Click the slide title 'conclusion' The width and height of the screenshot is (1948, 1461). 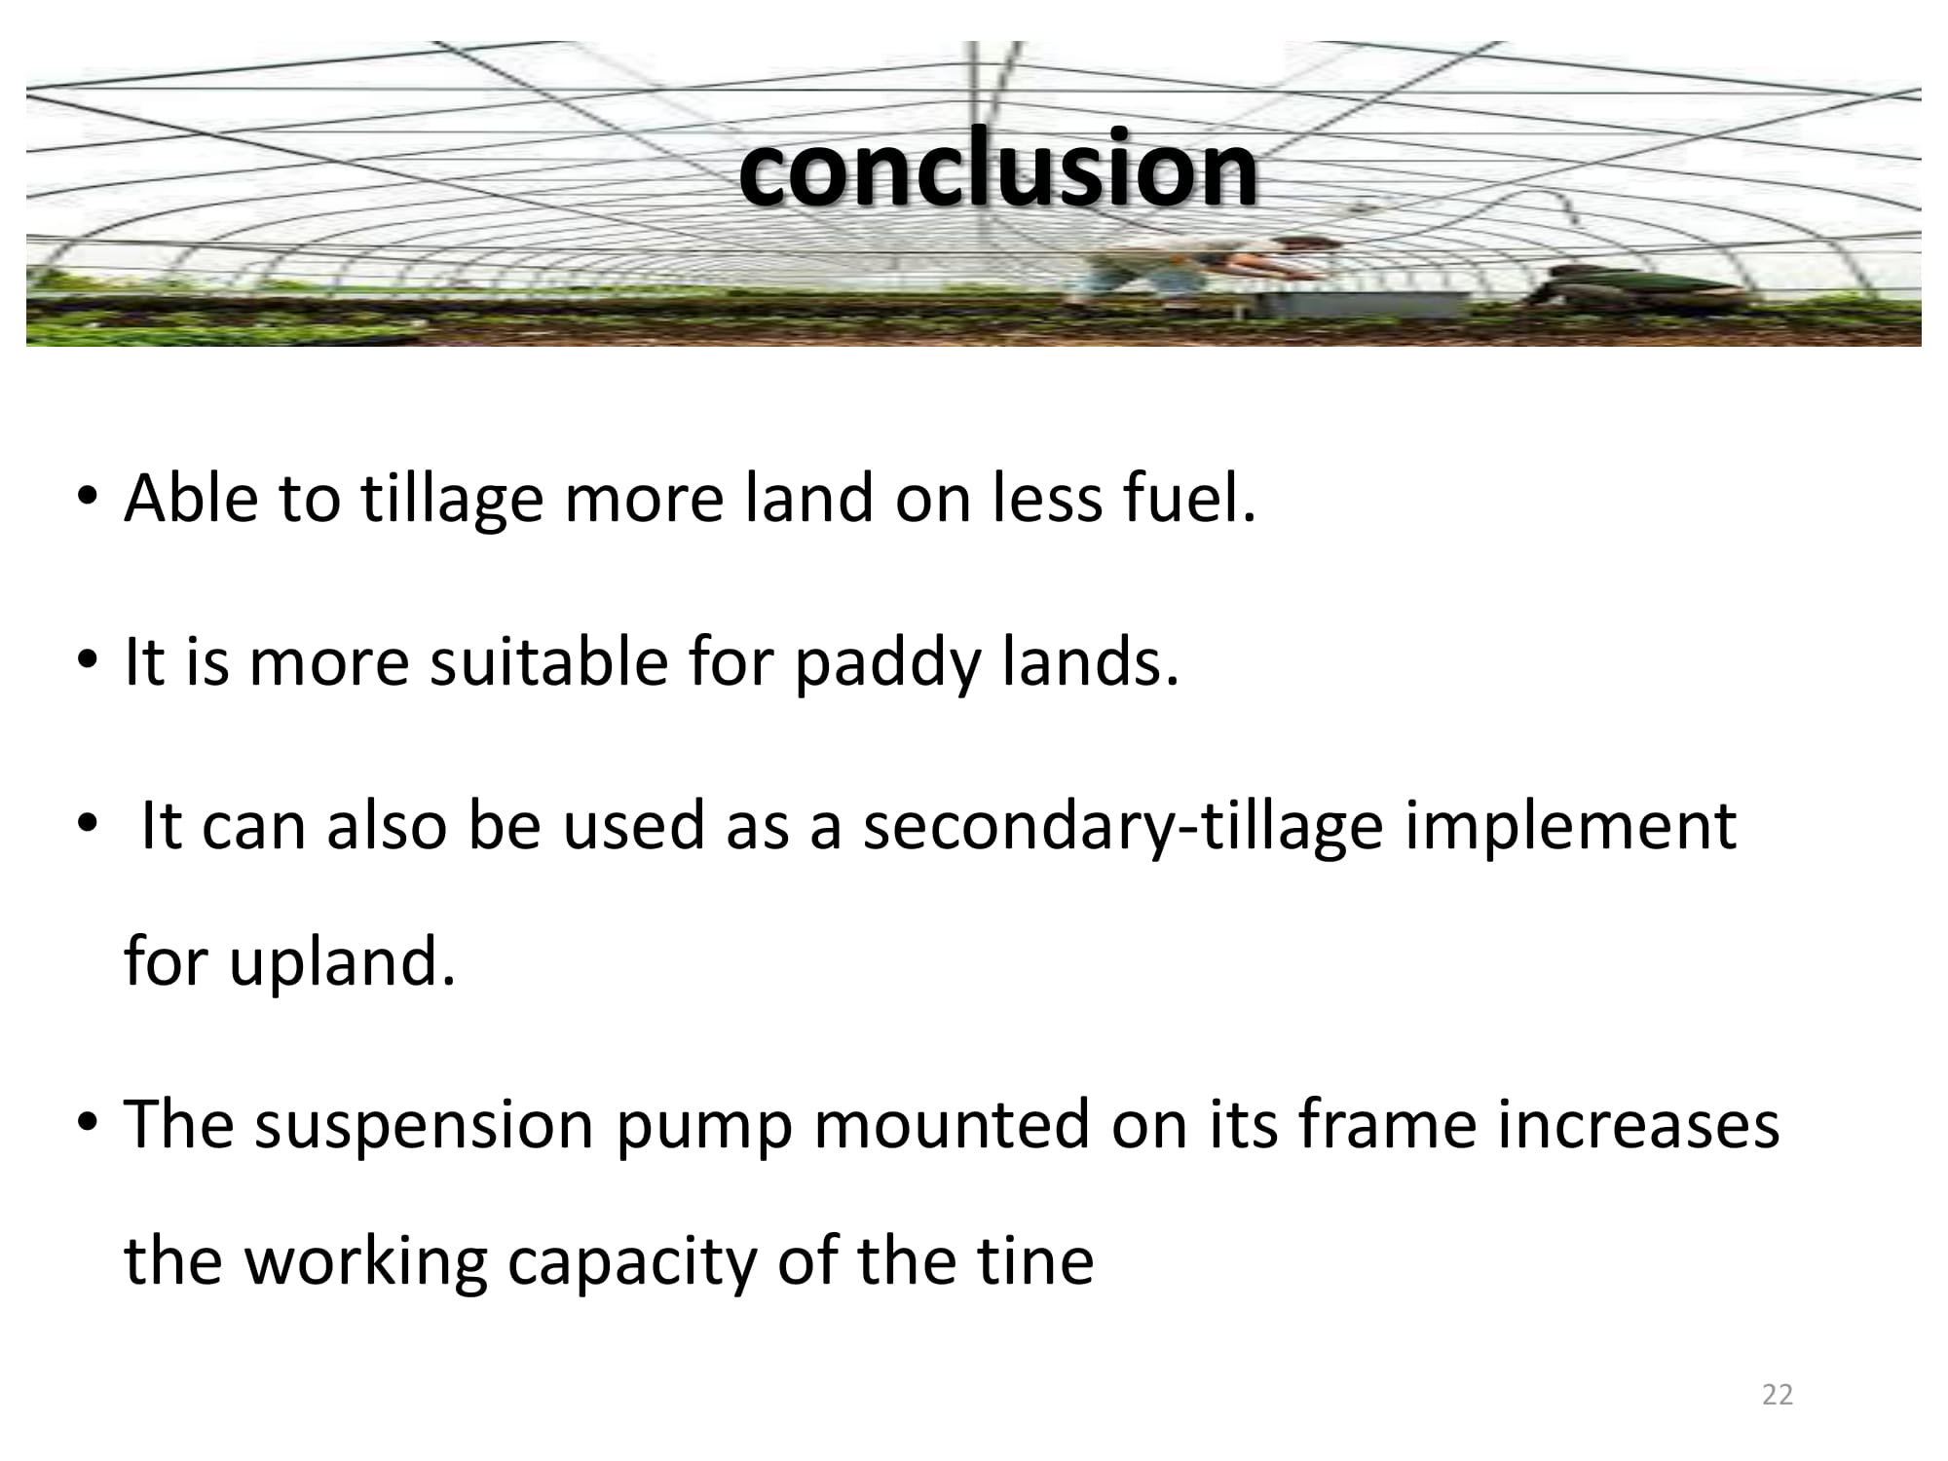coord(997,168)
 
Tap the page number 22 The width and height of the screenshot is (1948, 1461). coord(1778,1395)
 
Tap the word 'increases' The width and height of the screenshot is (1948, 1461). coord(1639,1124)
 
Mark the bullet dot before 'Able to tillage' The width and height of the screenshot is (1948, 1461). coord(89,498)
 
